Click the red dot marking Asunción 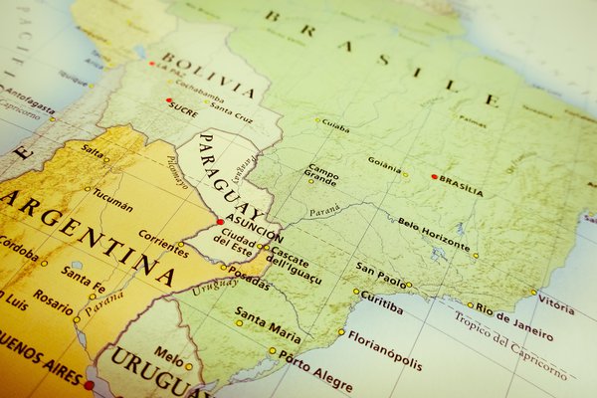click(219, 222)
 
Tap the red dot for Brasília click(434, 177)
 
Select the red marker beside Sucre click(169, 100)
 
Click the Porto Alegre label click(314, 369)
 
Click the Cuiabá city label click(335, 126)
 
